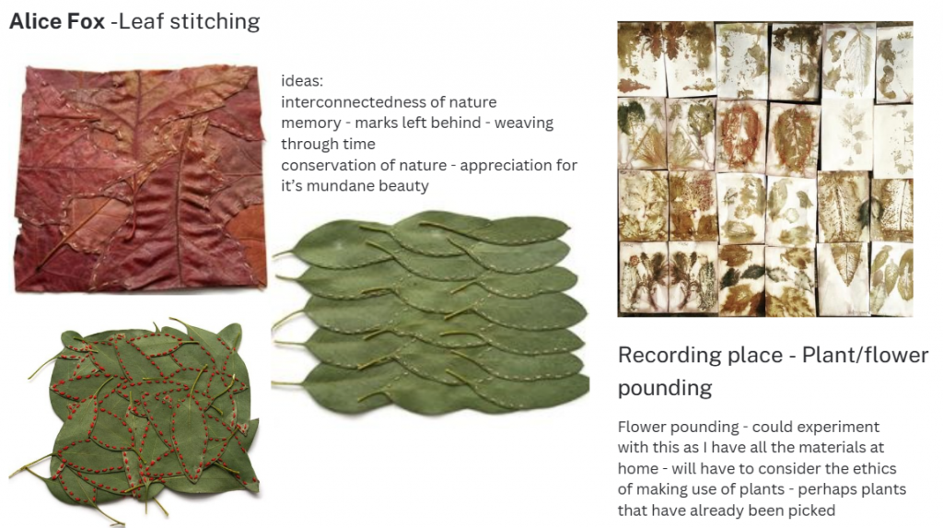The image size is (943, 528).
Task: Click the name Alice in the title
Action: coord(36,21)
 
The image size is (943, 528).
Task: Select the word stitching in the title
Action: coord(215,22)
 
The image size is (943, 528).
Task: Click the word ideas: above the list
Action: coord(302,81)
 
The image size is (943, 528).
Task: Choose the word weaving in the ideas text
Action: coord(524,123)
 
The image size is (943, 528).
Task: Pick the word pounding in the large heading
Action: coord(665,388)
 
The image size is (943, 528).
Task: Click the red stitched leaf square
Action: coord(140,179)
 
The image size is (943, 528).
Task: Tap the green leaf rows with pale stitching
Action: coord(430,313)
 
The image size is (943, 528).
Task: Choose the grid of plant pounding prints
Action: coord(765,170)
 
